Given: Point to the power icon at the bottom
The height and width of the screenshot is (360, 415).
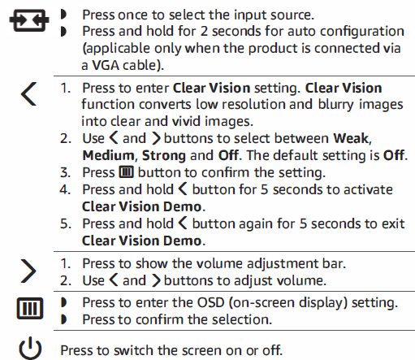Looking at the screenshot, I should click(29, 350).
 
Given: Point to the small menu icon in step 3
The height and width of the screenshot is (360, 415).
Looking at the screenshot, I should click(127, 173).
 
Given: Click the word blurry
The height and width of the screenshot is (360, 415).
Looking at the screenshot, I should click(321, 104).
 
